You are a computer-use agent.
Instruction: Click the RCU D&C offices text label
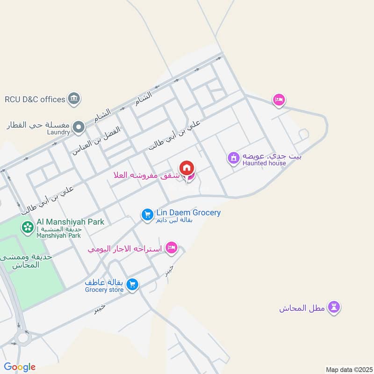35,99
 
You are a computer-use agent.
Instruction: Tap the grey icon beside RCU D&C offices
74,99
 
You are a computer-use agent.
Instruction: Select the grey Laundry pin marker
79,127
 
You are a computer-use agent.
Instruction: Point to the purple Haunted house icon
233,158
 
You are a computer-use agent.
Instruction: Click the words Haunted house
264,163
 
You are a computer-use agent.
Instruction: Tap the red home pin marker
187,168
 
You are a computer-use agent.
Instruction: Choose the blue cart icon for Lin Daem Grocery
147,215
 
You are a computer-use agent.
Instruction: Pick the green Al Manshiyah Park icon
27,227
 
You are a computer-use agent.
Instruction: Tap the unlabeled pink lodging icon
279,99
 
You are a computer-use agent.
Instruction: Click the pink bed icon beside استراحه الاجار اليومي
172,248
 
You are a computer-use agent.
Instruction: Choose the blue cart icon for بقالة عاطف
133,284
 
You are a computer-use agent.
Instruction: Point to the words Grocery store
104,290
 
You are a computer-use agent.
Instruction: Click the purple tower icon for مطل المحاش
334,307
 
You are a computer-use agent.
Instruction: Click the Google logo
19,367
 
